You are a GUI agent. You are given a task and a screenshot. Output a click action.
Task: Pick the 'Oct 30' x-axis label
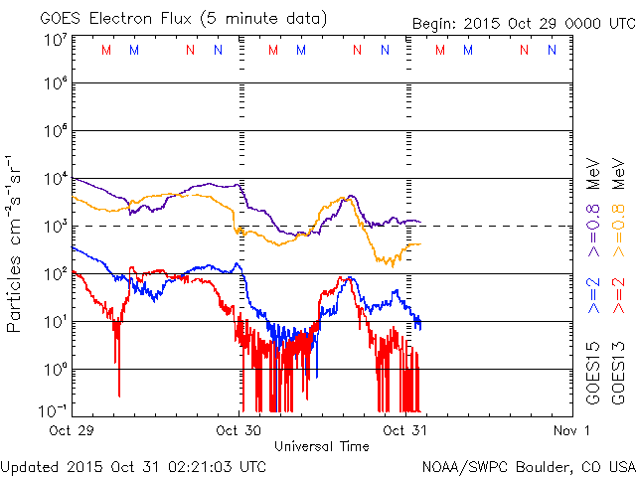coord(238,430)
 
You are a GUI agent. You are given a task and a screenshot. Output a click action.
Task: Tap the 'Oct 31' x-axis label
coord(404,430)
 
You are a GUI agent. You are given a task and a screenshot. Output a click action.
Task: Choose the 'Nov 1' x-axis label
coord(572,430)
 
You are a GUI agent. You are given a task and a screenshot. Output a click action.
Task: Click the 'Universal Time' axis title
coord(321,446)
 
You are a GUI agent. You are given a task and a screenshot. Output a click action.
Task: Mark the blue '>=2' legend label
coord(593,296)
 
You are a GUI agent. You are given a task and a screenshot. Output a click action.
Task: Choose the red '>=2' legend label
coord(617,296)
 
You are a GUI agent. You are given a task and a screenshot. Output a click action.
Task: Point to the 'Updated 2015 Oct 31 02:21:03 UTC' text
coord(133,465)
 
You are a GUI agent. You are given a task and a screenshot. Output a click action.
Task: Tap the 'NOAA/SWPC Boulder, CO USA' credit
coord(528,465)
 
